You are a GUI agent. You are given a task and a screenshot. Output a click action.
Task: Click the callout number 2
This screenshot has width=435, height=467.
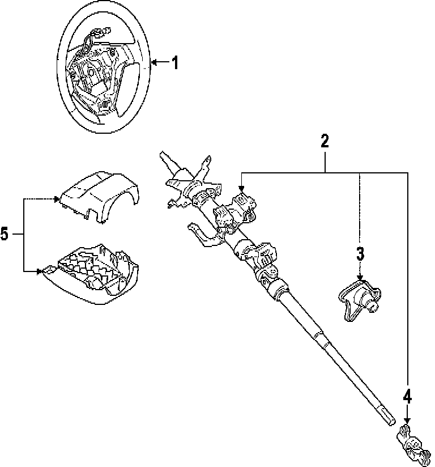325,141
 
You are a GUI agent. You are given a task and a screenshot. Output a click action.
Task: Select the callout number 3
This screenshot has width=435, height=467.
360,253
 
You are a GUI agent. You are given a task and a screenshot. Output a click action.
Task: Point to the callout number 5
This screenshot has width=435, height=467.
5,234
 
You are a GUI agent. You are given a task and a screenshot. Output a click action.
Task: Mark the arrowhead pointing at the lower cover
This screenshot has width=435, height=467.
41,271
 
